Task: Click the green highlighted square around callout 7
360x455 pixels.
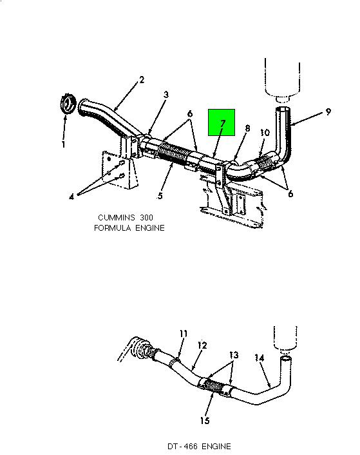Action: (x=222, y=122)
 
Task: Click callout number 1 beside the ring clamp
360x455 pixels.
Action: (x=64, y=144)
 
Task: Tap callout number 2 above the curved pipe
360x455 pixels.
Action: (x=142, y=79)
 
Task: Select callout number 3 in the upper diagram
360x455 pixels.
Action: (x=166, y=94)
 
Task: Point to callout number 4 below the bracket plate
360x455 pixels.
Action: (x=71, y=197)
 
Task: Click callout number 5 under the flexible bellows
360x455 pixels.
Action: (x=160, y=196)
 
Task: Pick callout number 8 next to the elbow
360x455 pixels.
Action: (x=247, y=128)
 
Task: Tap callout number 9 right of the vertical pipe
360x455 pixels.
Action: (x=328, y=111)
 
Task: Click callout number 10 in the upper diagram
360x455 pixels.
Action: (x=265, y=133)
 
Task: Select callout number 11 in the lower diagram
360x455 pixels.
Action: (x=184, y=334)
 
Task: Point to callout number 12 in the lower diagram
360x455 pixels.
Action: (x=202, y=345)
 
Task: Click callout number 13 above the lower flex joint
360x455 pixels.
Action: (x=234, y=355)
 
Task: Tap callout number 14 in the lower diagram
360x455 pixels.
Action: (x=260, y=358)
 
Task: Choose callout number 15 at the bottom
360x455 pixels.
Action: (x=205, y=420)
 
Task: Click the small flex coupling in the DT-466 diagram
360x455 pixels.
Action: (x=213, y=386)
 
